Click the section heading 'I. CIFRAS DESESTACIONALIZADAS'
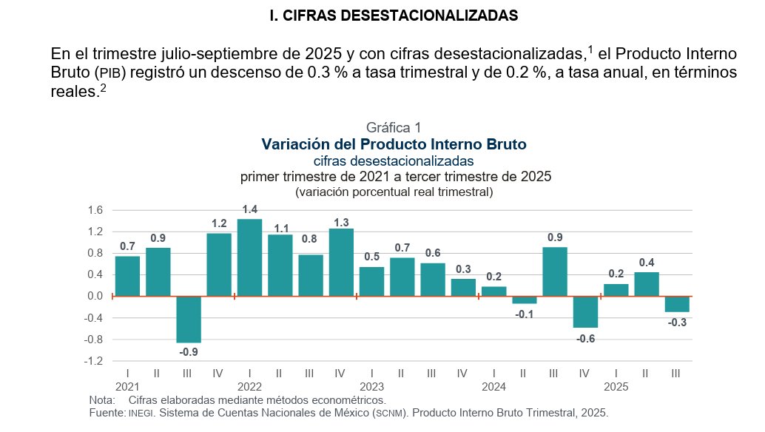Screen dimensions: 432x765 point(394,15)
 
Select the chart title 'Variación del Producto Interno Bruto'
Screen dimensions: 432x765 point(394,144)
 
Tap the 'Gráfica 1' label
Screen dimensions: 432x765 point(394,128)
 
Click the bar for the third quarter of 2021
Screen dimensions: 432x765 point(188,319)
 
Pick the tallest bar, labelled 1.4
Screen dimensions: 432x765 point(249,257)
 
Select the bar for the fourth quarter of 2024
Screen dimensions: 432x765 point(585,311)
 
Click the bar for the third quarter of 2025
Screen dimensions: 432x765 point(676,304)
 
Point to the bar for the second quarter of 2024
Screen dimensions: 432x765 point(524,300)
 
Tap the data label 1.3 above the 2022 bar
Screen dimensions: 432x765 point(341,222)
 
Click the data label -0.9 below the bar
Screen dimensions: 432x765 point(189,351)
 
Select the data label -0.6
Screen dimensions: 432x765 point(585,338)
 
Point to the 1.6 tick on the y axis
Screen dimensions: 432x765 point(95,210)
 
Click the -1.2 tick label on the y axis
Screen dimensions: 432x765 point(93,361)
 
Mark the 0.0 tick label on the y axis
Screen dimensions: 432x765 point(95,296)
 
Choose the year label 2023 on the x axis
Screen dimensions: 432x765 point(371,386)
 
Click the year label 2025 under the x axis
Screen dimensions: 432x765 point(616,386)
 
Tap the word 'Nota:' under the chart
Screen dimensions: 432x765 point(101,400)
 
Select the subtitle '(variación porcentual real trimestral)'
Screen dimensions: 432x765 point(394,192)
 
